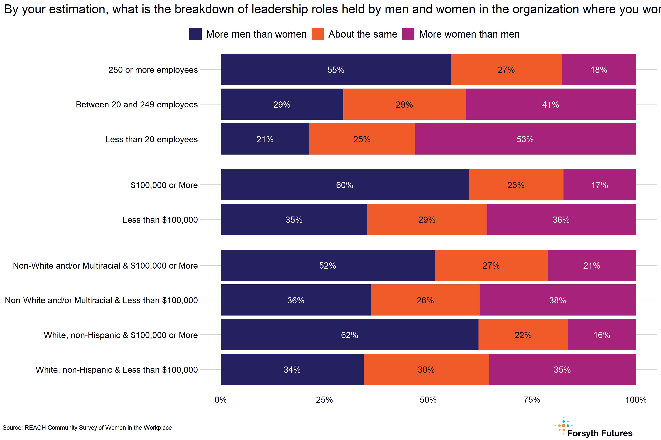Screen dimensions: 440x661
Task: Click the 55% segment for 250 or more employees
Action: coord(336,70)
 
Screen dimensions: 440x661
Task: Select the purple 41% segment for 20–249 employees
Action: coord(550,104)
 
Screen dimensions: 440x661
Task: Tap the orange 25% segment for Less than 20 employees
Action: coord(362,139)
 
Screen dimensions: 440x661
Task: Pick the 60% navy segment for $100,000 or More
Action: coord(345,185)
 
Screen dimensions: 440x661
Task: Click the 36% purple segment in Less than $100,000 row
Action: coord(561,219)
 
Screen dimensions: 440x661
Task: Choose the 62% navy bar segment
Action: coord(349,335)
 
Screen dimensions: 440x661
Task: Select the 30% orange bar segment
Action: coord(426,370)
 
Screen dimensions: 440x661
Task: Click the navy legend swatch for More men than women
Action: coord(195,34)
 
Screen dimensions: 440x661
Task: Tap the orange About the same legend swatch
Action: coord(318,34)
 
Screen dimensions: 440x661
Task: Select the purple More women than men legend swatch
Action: coord(408,34)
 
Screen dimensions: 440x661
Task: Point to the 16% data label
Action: coord(602,335)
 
